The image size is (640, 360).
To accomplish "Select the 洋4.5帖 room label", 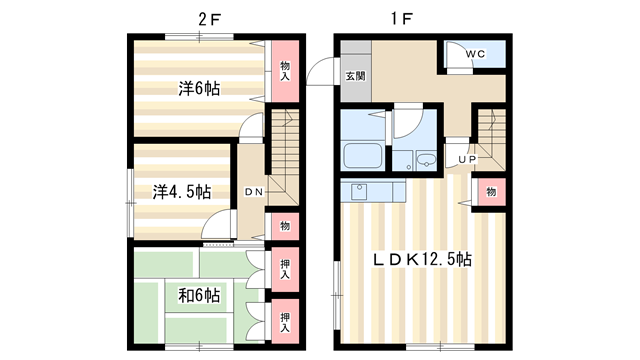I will click(181, 190).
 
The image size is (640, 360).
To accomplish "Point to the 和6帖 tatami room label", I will click(200, 295).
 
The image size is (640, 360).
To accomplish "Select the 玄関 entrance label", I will click(355, 76).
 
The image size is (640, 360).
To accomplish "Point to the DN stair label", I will click(253, 191).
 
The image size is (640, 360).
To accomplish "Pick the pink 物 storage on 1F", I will click(491, 192).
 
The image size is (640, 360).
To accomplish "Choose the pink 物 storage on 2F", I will click(284, 227).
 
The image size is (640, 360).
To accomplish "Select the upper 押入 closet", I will click(284, 268).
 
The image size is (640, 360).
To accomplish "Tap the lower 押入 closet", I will click(284, 320).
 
